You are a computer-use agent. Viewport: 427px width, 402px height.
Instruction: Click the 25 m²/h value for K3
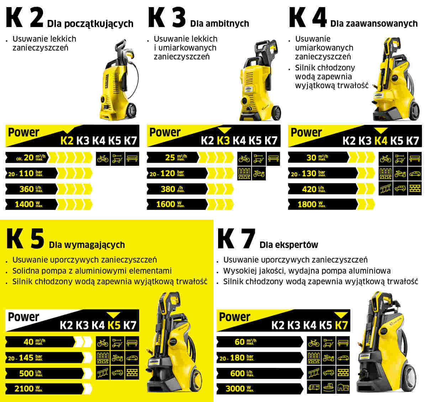(x=170, y=157)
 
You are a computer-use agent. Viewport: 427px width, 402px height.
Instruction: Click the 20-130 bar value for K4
(x=308, y=174)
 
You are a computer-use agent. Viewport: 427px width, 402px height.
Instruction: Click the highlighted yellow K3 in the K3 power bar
(x=223, y=141)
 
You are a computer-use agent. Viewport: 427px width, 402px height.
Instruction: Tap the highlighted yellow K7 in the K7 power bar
(x=341, y=325)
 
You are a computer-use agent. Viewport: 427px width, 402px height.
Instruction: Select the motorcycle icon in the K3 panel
(x=259, y=174)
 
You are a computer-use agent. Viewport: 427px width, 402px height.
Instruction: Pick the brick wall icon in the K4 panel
(x=415, y=189)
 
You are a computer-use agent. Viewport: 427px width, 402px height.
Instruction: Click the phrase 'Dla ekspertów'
(x=289, y=245)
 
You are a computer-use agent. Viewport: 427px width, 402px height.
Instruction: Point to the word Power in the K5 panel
(x=23, y=317)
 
